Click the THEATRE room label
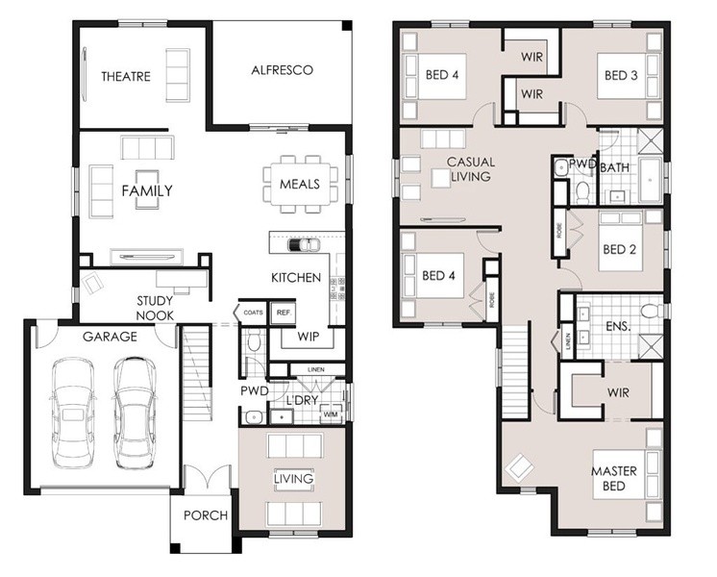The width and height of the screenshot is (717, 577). coord(126,76)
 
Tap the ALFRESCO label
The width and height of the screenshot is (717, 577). coord(283,70)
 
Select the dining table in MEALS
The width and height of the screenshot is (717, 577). coord(301,184)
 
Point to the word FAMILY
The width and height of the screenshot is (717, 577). coord(147,190)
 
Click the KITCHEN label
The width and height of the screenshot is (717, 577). coord(296,277)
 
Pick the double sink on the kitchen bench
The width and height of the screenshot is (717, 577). coord(303,245)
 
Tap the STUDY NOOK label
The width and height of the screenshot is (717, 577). coord(155,308)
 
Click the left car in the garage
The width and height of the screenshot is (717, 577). coord(73,414)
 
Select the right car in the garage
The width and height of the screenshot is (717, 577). coord(135,414)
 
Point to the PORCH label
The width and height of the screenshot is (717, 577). coord(206,515)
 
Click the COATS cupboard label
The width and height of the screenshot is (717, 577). coord(253,313)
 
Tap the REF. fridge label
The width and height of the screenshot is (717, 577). coord(284,313)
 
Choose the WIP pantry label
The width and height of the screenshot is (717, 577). coord(309,337)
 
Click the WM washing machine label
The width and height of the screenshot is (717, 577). coord(331,414)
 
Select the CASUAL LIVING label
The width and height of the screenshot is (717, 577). coord(471,169)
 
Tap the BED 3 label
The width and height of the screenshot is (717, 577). coord(621,75)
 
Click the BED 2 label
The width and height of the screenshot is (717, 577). coord(620,249)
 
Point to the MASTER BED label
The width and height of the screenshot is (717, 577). coord(613,478)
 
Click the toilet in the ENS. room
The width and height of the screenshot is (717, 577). coord(651,312)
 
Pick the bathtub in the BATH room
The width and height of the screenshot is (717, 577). coord(650,180)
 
